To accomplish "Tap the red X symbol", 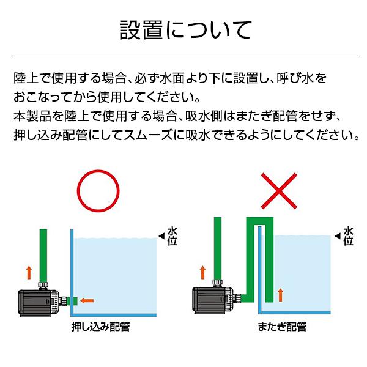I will (x=278, y=191).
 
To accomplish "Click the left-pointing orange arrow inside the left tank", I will (x=87, y=300).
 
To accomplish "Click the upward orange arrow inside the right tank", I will (x=280, y=294).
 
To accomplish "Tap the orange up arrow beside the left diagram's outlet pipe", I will (x=28, y=272).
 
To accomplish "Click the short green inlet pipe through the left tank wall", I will (x=70, y=300).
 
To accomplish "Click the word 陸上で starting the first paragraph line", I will (x=31, y=78).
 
